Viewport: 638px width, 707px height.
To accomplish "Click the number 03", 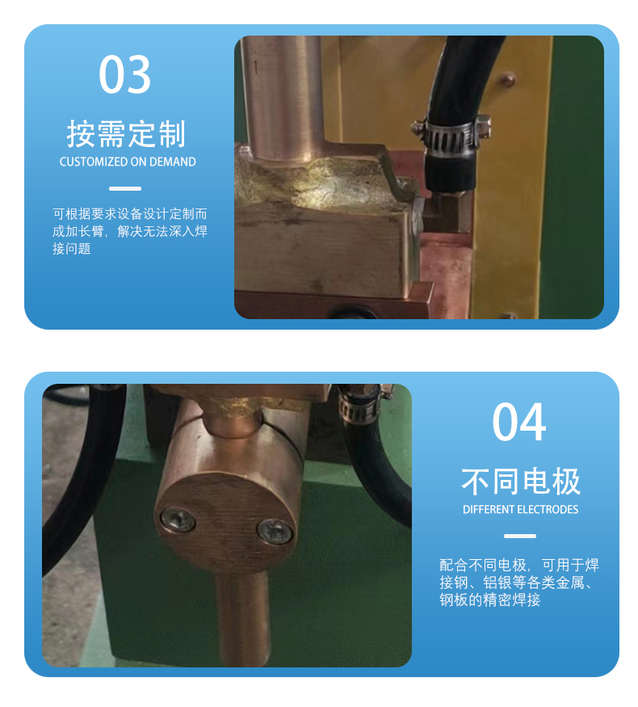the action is [x=125, y=74].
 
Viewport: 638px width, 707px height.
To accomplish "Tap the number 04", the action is [x=519, y=422].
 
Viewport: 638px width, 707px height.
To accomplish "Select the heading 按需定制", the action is [x=126, y=134].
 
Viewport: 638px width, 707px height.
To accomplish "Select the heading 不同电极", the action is [x=520, y=482].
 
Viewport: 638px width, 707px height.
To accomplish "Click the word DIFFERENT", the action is [x=489, y=510].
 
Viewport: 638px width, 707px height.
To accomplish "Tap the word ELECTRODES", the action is [x=548, y=510].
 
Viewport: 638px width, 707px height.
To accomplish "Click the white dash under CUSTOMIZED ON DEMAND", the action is [x=125, y=188].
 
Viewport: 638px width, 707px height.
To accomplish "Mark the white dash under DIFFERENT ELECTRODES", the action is [x=520, y=537].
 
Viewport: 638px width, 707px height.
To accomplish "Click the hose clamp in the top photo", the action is [x=451, y=134].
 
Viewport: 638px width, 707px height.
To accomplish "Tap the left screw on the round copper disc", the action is [x=178, y=520].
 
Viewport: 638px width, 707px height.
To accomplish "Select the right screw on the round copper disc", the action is [x=275, y=531].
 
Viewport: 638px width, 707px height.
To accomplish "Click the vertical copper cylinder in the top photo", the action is [x=283, y=97].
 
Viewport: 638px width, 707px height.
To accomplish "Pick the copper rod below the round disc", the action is [x=241, y=618].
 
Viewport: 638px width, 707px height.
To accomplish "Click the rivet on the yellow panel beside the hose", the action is [x=508, y=80].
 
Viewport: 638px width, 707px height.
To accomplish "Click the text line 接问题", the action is [x=72, y=248].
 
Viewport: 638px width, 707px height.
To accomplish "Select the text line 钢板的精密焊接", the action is [x=489, y=600].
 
